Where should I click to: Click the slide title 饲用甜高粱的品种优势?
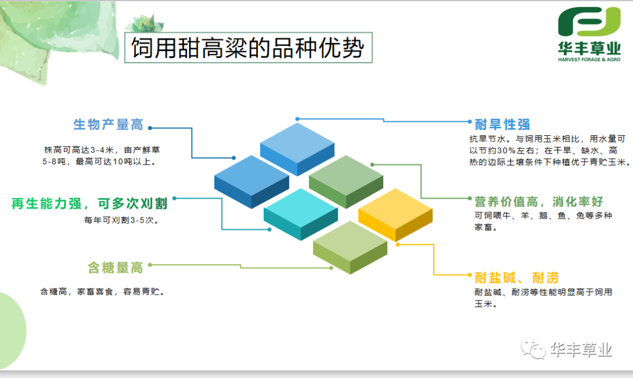click(x=247, y=47)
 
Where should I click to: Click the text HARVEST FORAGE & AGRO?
click(x=588, y=60)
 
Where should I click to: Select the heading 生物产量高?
click(x=108, y=124)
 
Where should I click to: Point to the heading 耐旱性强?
click(x=502, y=124)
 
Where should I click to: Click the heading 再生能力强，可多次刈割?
click(x=90, y=203)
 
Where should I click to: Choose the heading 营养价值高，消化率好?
click(x=539, y=202)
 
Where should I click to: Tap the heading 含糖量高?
click(x=115, y=268)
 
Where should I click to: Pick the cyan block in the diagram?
click(x=300, y=212)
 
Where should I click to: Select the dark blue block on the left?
click(x=251, y=179)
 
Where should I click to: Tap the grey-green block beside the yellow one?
click(x=346, y=179)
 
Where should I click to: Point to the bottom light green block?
click(x=349, y=245)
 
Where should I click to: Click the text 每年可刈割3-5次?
click(x=122, y=221)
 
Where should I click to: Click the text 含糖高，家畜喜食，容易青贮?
click(x=102, y=291)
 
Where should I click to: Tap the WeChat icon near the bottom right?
click(x=535, y=350)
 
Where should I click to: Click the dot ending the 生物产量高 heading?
click(x=149, y=127)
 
